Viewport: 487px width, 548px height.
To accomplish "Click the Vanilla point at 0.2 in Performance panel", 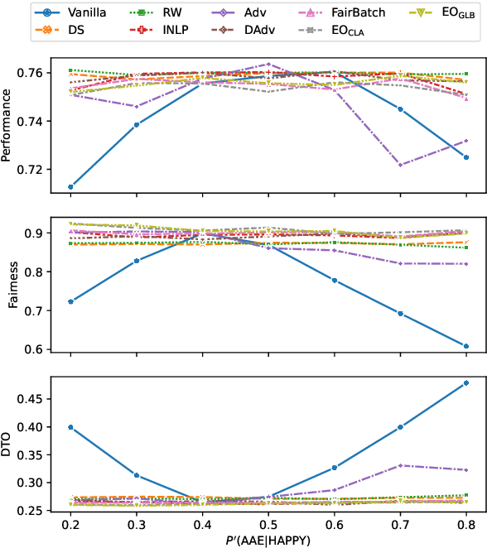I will (70, 187).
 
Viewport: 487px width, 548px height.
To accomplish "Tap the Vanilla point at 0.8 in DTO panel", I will (466, 383).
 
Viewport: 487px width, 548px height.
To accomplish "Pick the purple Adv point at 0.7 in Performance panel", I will (401, 165).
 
